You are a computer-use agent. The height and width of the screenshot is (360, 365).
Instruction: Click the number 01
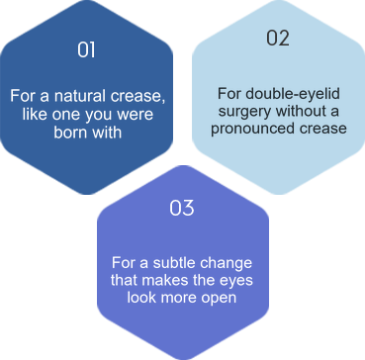pyautogui.click(x=86, y=49)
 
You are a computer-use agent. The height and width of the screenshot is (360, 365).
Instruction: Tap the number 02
pyautogui.click(x=278, y=38)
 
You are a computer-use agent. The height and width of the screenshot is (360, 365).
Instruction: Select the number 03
pyautogui.click(x=182, y=208)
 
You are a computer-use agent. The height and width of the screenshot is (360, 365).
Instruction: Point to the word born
pyautogui.click(x=66, y=132)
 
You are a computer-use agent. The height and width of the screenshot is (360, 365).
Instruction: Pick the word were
pyautogui.click(x=139, y=114)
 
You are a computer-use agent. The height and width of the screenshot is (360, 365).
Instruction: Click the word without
pyautogui.click(x=299, y=111)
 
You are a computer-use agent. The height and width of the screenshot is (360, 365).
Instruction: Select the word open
pyautogui.click(x=220, y=299)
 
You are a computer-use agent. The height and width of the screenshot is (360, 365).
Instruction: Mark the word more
pyautogui.click(x=178, y=299)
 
